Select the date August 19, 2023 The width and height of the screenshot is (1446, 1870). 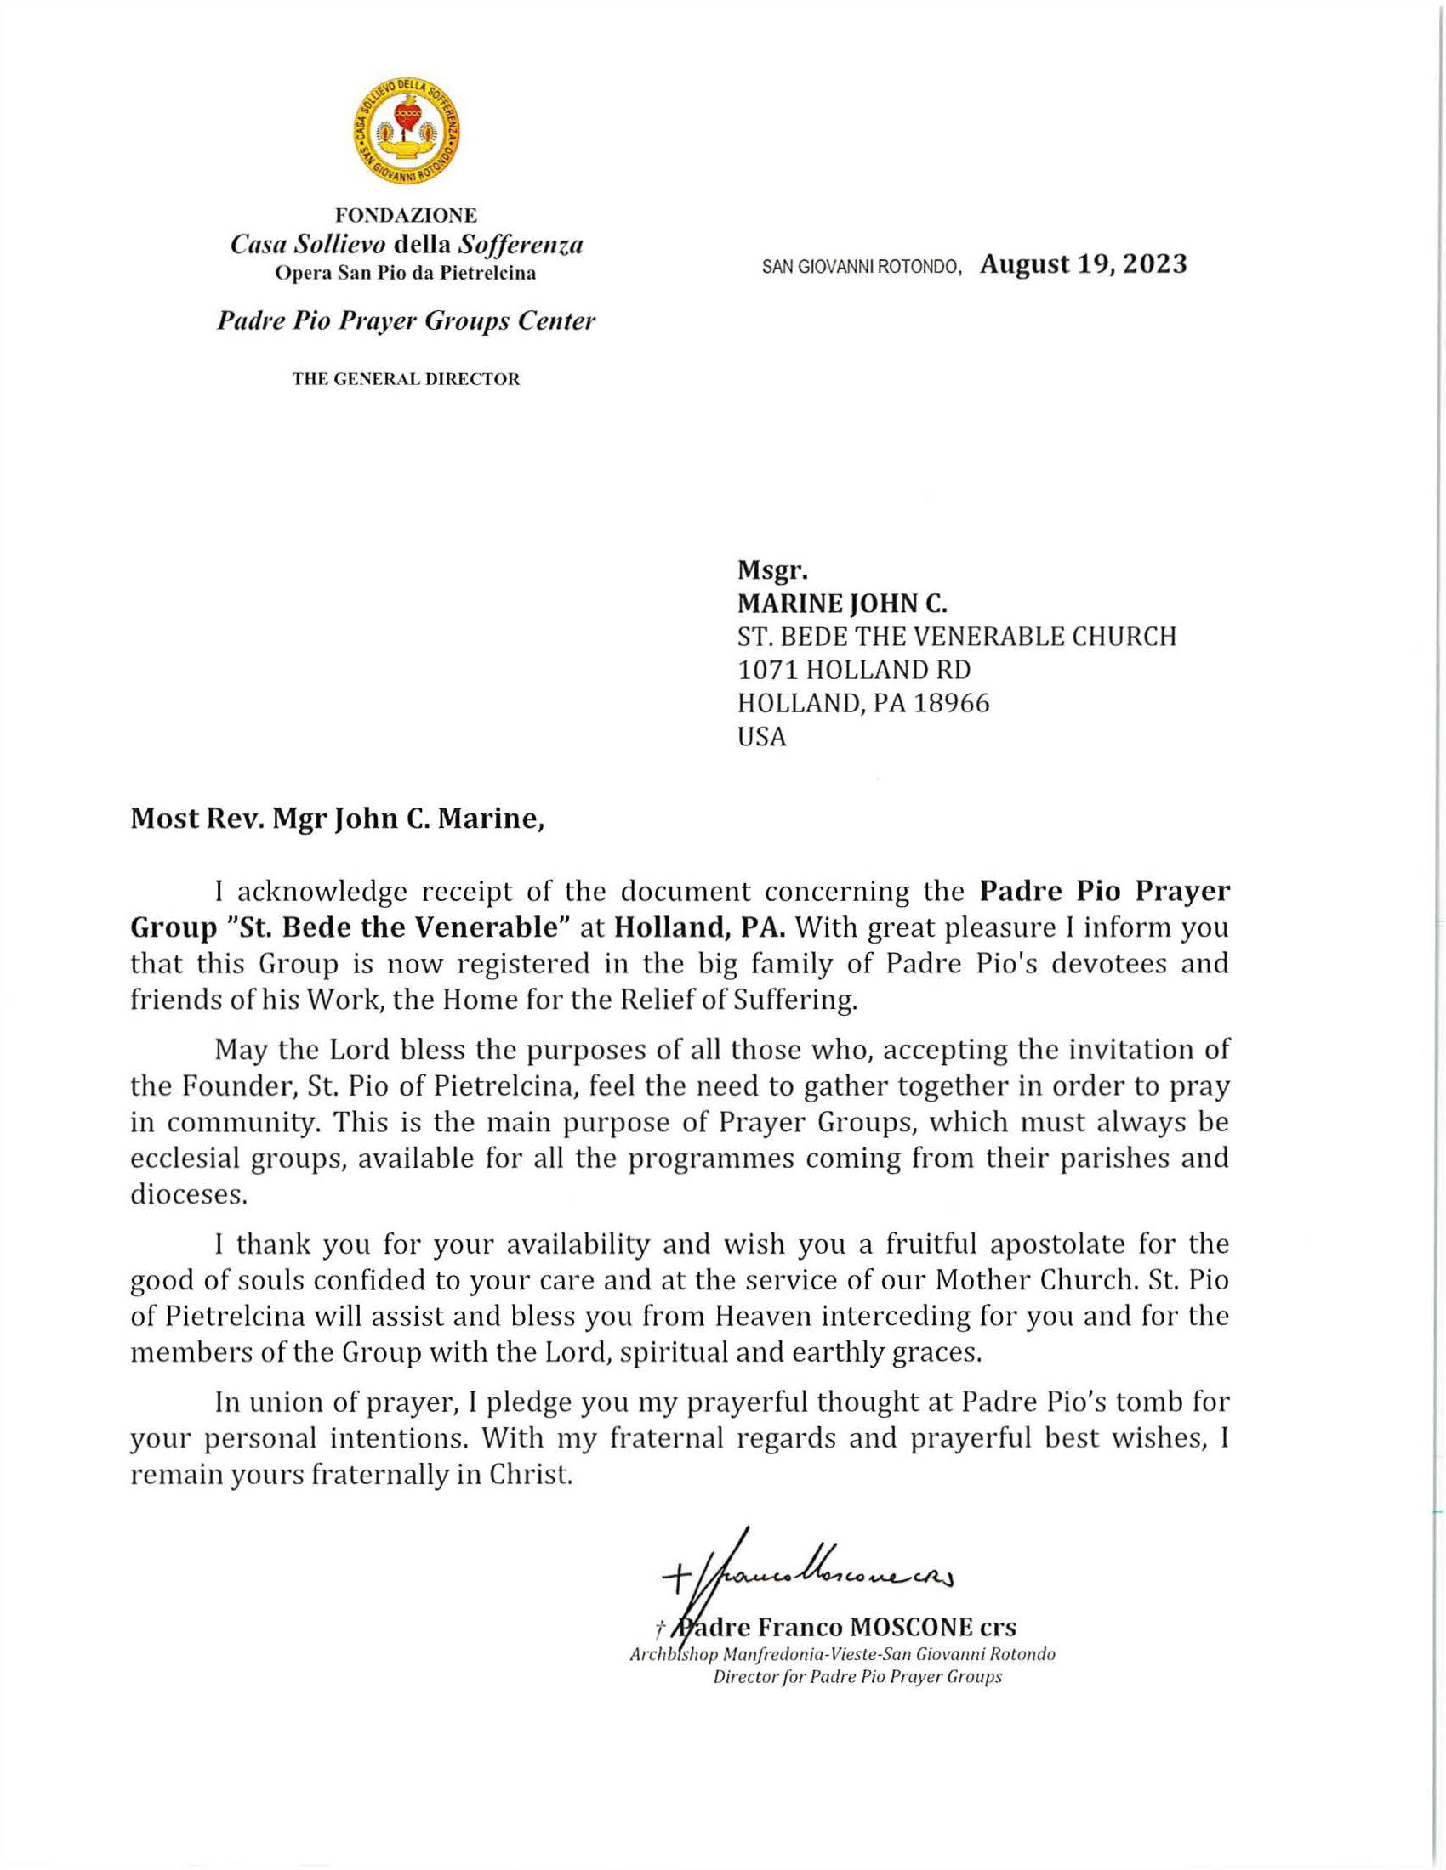pyautogui.click(x=1084, y=263)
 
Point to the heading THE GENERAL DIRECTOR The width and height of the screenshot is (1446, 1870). pyautogui.click(x=406, y=378)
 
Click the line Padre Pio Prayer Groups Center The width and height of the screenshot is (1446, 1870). pyautogui.click(x=406, y=322)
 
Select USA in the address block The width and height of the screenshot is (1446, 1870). pyautogui.click(x=761, y=737)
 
